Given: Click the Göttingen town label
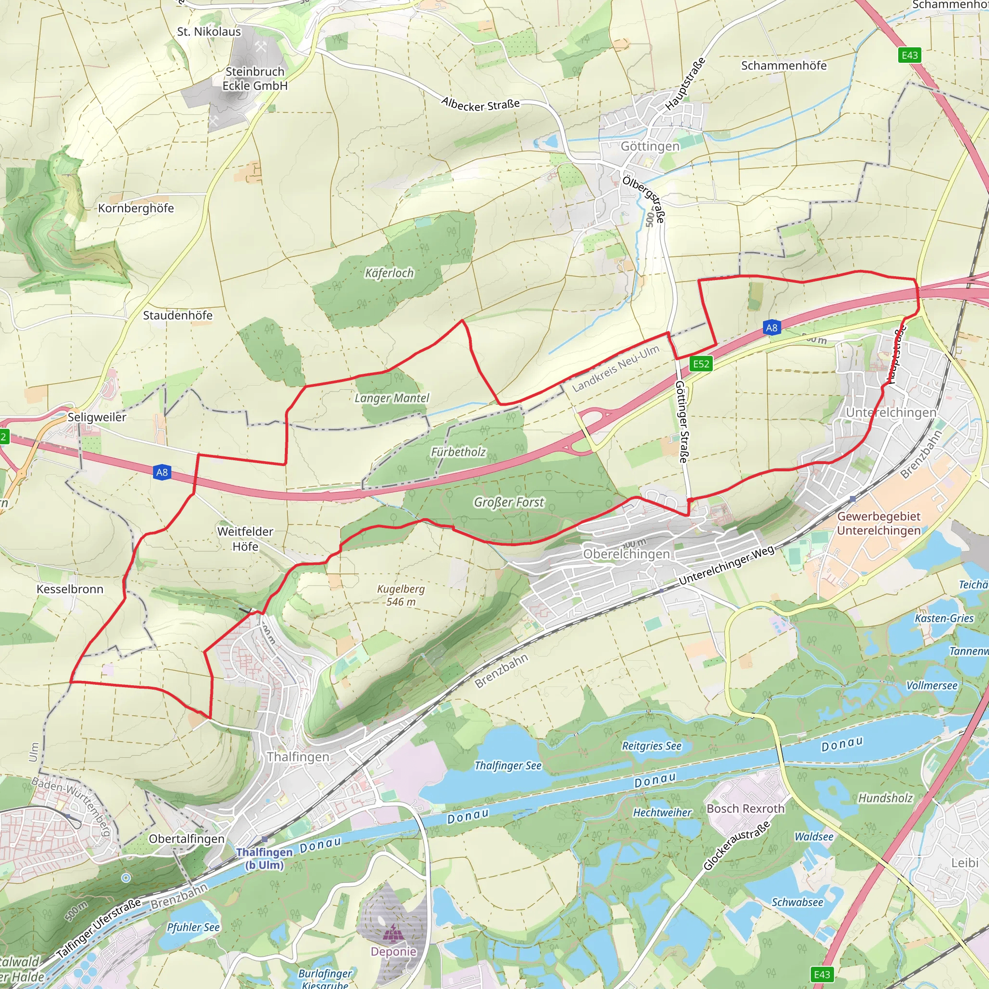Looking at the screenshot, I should click(x=650, y=146).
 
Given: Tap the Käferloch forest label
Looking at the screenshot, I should click(x=389, y=273).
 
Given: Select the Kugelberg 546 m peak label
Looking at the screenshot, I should click(x=401, y=595).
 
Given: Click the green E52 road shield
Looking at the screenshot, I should click(x=701, y=364).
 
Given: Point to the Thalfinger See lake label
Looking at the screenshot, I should click(x=508, y=765).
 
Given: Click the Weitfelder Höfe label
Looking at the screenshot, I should click(x=245, y=538).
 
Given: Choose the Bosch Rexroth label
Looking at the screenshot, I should click(x=745, y=808).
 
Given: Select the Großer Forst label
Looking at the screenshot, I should click(x=509, y=502).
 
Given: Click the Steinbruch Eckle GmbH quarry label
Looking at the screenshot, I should click(x=255, y=78).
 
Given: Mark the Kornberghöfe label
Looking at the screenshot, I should click(x=136, y=208).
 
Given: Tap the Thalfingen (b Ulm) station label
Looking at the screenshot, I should click(x=264, y=859).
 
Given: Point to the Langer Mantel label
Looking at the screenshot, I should click(x=392, y=398).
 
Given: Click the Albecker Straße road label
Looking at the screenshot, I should click(x=480, y=104).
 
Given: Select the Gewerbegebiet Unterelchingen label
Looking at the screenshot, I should click(x=878, y=523).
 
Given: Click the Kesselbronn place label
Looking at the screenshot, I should click(x=70, y=589).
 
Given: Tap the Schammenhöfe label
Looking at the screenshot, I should click(x=783, y=66).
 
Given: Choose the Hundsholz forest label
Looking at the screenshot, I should click(x=885, y=798).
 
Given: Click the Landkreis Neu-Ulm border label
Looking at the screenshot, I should click(x=615, y=368).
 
